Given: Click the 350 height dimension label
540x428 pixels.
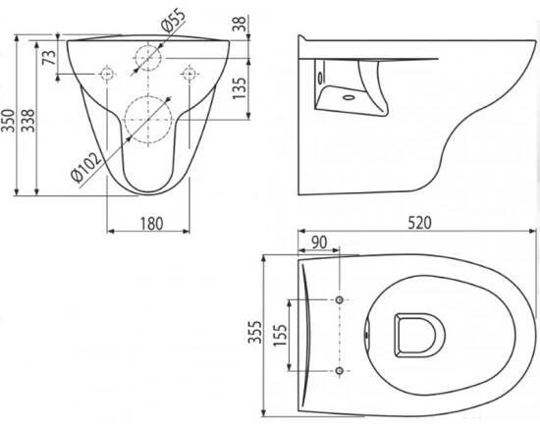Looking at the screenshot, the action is (8, 121).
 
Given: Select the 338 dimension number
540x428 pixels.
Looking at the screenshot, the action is (27, 121).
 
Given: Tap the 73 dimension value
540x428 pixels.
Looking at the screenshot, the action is (49, 58).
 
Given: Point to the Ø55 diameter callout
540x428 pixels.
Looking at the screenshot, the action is (173, 21).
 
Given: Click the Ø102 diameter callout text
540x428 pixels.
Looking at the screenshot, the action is (86, 166).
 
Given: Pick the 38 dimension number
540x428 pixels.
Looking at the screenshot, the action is (240, 24).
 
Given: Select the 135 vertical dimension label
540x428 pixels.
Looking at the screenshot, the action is (240, 88).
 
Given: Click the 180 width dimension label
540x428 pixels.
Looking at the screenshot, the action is (151, 224).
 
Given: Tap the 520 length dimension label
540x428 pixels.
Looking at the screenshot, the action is (419, 223).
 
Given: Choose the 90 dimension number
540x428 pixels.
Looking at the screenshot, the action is (319, 242).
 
